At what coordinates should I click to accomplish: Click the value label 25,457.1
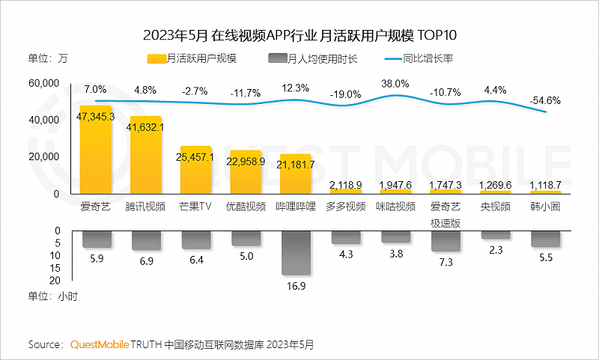coord(196,157)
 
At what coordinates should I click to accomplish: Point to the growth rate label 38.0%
coord(395,84)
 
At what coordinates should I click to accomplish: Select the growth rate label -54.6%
coord(545,100)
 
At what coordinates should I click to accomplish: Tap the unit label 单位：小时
coord(52,296)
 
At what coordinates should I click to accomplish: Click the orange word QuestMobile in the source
coord(100,344)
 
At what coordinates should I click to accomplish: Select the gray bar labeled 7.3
coord(445,240)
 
